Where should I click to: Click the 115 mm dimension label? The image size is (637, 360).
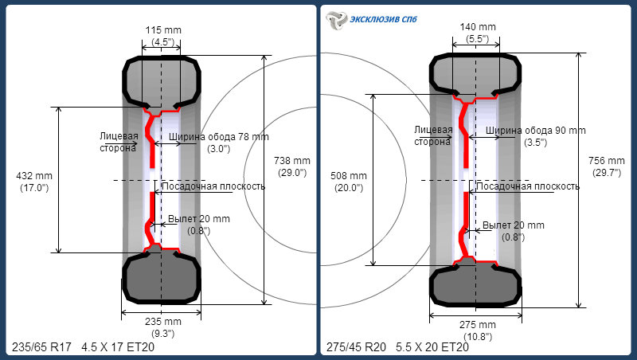[163, 30]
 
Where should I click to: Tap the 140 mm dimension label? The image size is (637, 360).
[478, 27]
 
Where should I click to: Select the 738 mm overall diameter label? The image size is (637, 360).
[292, 161]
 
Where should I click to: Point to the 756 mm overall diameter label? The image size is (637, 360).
[607, 161]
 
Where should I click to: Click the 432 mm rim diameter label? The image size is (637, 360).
[34, 176]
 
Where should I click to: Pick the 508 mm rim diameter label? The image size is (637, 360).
[349, 176]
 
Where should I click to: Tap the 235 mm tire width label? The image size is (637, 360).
[163, 322]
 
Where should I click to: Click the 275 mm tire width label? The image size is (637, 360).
[478, 325]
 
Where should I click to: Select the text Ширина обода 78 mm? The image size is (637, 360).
[219, 137]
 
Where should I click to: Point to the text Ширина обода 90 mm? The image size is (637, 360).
[536, 131]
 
